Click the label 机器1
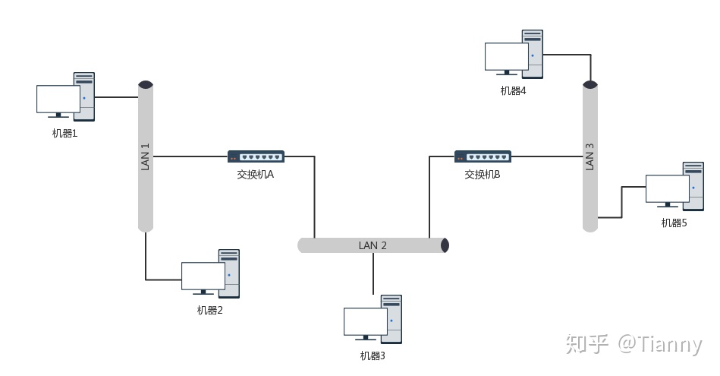pyautogui.click(x=64, y=134)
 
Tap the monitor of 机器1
pyautogui.click(x=58, y=100)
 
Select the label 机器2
pyautogui.click(x=209, y=310)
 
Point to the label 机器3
pyautogui.click(x=373, y=355)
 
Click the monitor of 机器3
pyautogui.click(x=365, y=321)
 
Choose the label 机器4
pyautogui.click(x=513, y=90)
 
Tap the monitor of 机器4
pyautogui.click(x=506, y=57)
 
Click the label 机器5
pyautogui.click(x=674, y=223)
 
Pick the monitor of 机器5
pyautogui.click(x=667, y=189)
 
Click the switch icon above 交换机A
pyautogui.click(x=256, y=156)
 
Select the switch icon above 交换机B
pyautogui.click(x=483, y=156)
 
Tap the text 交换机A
pyautogui.click(x=255, y=174)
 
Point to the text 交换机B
pyautogui.click(x=483, y=174)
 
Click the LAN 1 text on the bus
pyautogui.click(x=146, y=156)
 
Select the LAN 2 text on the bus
pyautogui.click(x=373, y=245)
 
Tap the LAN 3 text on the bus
pyautogui.click(x=590, y=156)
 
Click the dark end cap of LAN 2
pyautogui.click(x=445, y=245)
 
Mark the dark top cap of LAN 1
pyautogui.click(x=146, y=84)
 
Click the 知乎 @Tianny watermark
pyautogui.click(x=634, y=345)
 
